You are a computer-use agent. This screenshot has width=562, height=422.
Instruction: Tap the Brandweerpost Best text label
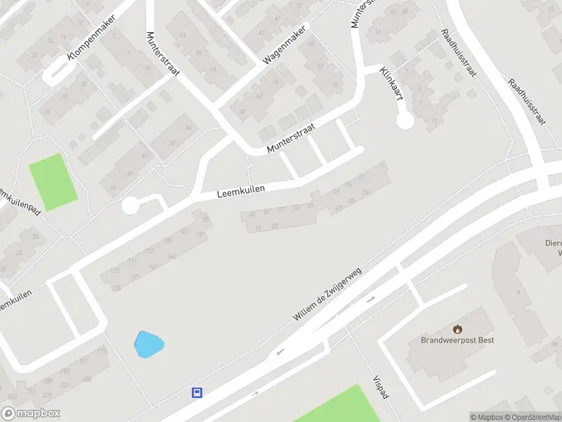457,340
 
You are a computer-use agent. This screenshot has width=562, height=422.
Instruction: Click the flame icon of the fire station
458,328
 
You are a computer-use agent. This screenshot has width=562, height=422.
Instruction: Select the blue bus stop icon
197,393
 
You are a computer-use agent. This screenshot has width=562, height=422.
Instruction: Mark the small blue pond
149,345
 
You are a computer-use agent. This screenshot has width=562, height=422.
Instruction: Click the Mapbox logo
31,414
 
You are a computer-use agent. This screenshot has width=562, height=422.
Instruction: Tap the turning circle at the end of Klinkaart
405,121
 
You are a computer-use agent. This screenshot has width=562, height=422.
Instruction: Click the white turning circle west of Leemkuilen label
130,206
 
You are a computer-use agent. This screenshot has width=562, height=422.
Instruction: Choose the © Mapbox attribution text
487,417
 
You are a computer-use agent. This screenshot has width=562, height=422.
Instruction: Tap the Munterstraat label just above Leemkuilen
291,139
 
